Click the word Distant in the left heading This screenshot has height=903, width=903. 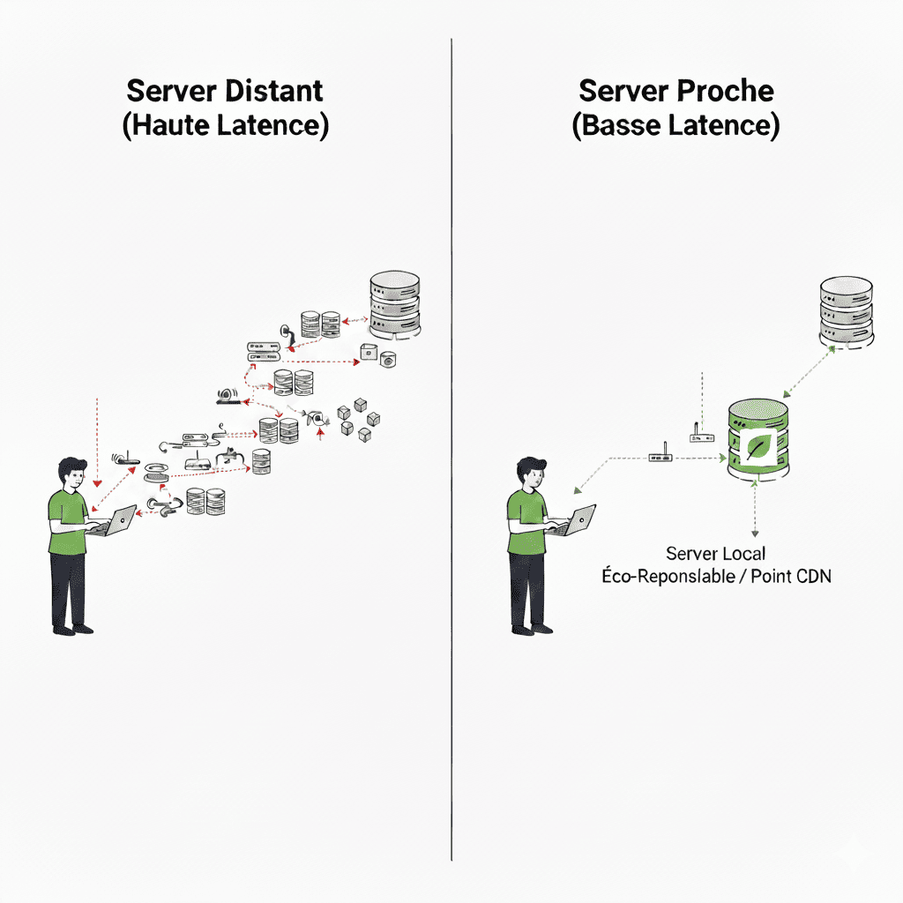[x=274, y=91]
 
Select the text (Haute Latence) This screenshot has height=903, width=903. [x=225, y=125]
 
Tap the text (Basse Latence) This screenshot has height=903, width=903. [x=675, y=125]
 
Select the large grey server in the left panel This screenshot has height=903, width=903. [x=394, y=305]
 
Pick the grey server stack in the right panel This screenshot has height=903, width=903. [x=845, y=310]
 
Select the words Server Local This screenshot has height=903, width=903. [x=716, y=554]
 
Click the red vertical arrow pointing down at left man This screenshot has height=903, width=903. [x=96, y=441]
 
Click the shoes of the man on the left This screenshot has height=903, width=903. [x=72, y=629]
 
